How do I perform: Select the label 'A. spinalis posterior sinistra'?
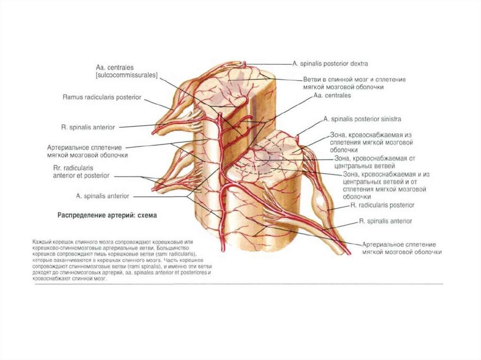pos(362,119)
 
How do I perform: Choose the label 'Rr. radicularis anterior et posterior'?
pos(81,171)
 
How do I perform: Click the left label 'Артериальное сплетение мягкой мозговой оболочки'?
pos(87,151)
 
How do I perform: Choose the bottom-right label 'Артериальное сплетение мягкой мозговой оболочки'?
pos(402,248)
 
